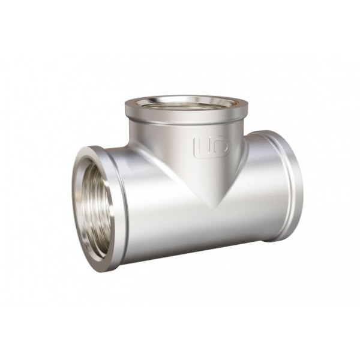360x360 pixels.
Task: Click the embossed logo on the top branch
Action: pyautogui.click(x=211, y=146)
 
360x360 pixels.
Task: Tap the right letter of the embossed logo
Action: pyautogui.click(x=217, y=146)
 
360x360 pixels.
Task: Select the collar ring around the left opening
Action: pyautogui.click(x=114, y=207)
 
